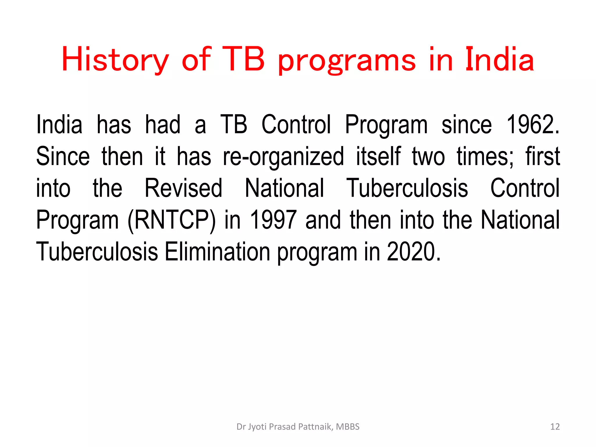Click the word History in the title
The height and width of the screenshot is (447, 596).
[115, 60]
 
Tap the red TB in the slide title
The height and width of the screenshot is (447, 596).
[245, 59]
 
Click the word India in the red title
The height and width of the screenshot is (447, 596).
[499, 59]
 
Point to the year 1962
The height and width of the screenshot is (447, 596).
[532, 125]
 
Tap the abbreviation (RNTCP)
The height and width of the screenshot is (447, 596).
[172, 220]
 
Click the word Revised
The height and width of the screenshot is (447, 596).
[183, 188]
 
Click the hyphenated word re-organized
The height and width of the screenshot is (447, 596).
[283, 157]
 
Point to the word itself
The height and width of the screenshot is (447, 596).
[378, 156]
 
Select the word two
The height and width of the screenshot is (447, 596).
[428, 156]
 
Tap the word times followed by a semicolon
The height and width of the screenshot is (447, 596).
[485, 156]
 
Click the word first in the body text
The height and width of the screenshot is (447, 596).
[542, 156]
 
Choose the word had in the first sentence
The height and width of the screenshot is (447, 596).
[163, 125]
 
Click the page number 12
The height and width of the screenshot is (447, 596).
[555, 427]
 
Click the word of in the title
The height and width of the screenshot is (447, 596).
[196, 59]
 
